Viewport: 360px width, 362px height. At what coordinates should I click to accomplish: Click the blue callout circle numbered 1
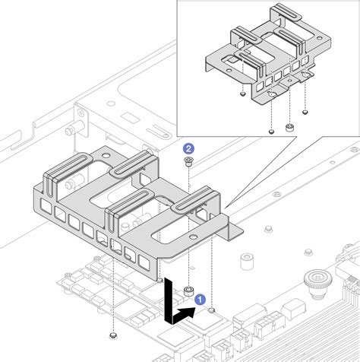200,300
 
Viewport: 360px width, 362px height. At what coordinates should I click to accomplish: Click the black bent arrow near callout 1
175,308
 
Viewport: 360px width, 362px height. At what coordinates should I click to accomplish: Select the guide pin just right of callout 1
212,310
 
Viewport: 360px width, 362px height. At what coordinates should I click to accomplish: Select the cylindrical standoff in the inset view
289,126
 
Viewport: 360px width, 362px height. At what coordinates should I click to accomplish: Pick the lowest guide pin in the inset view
270,130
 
